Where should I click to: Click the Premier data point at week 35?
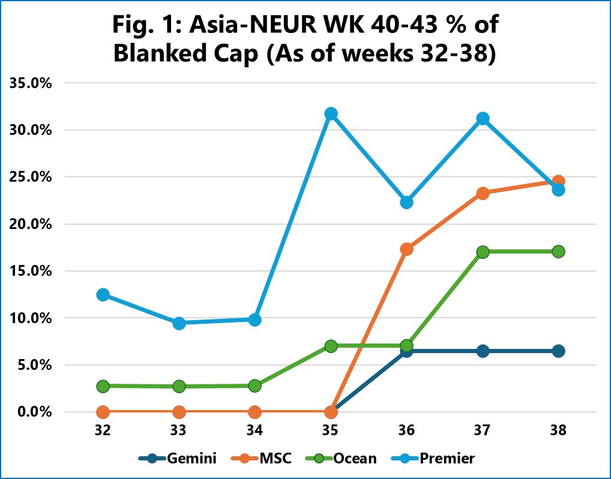pyautogui.click(x=331, y=114)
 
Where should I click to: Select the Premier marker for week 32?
pyautogui.click(x=103, y=294)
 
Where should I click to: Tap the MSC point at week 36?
pyautogui.click(x=406, y=249)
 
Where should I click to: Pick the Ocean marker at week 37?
pyautogui.click(x=483, y=252)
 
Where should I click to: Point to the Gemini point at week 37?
pyautogui.click(x=483, y=351)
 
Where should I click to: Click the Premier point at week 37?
pyautogui.click(x=483, y=119)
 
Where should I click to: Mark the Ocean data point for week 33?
pyautogui.click(x=179, y=386)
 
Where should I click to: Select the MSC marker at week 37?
pyautogui.click(x=483, y=193)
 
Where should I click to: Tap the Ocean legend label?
pyautogui.click(x=355, y=459)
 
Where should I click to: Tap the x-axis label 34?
pyautogui.click(x=254, y=430)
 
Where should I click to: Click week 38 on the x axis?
pyautogui.click(x=558, y=430)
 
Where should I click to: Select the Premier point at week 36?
pyautogui.click(x=406, y=202)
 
